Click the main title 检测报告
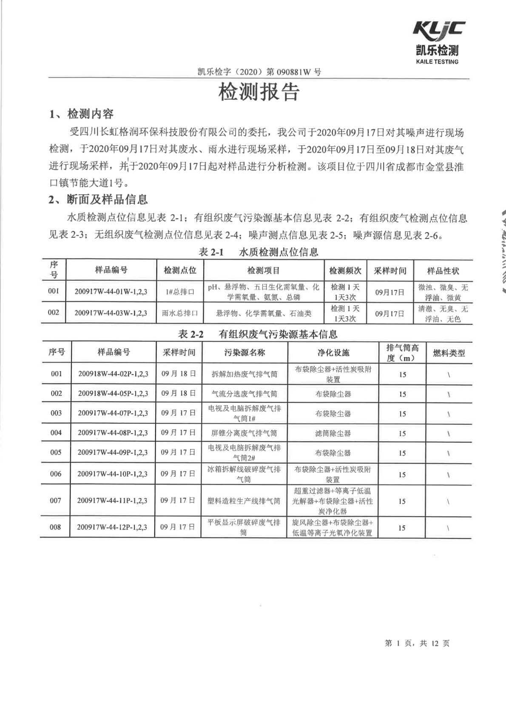pos(259,92)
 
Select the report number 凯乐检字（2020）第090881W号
pos(259,72)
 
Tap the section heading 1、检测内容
pos(81,114)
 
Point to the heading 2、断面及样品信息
pos(98,199)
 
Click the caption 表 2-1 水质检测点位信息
pos(258,252)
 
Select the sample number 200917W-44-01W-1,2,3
pos(111,292)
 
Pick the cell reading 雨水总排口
pos(180,313)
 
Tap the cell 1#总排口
pos(180,292)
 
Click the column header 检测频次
pos(345,271)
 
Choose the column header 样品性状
pos(443,271)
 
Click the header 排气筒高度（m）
pos(402,353)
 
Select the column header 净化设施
pos(333,353)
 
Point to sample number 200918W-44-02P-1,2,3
pos(113,374)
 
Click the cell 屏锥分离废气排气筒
pos(244,433)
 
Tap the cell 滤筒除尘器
pos(333,433)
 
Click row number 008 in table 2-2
pos(55,527)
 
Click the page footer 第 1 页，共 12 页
pos(417,643)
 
